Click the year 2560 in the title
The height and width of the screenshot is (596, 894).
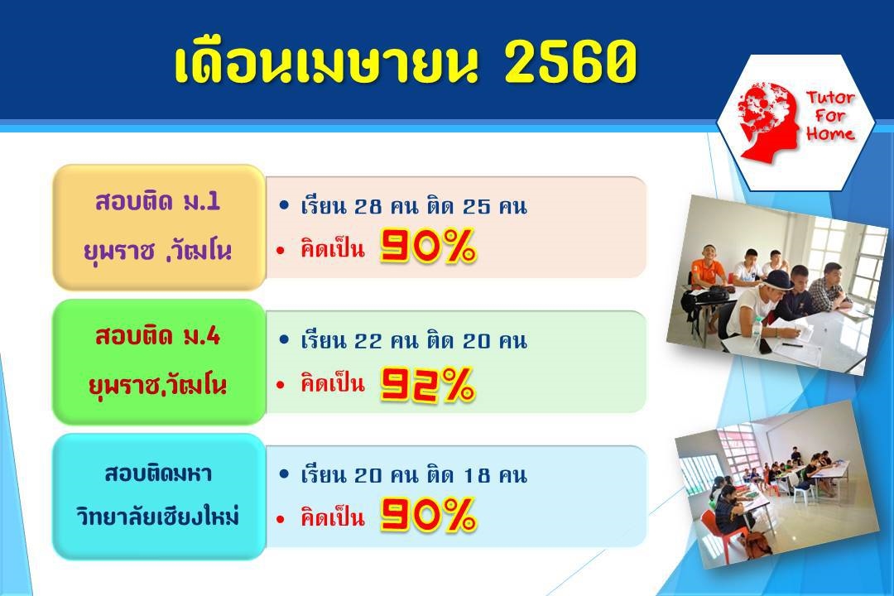(x=570, y=62)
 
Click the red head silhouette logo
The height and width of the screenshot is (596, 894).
(x=768, y=121)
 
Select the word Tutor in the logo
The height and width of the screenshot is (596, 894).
(x=831, y=99)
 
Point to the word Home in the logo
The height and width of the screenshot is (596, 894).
(x=831, y=134)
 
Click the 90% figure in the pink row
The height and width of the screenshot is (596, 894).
(x=428, y=247)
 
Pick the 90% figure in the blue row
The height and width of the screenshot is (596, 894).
(x=428, y=514)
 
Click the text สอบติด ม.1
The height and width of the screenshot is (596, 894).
(x=158, y=201)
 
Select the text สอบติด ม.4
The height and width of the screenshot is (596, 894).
(x=158, y=336)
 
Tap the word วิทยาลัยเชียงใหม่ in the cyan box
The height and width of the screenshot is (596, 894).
(x=158, y=517)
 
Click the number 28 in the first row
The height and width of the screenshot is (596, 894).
(x=368, y=206)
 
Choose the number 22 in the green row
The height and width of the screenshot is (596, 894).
(x=368, y=341)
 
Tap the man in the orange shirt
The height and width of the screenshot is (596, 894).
(x=707, y=268)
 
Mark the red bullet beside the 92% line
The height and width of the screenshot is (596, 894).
(x=280, y=385)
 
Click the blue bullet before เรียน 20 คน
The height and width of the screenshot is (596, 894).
(x=284, y=474)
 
